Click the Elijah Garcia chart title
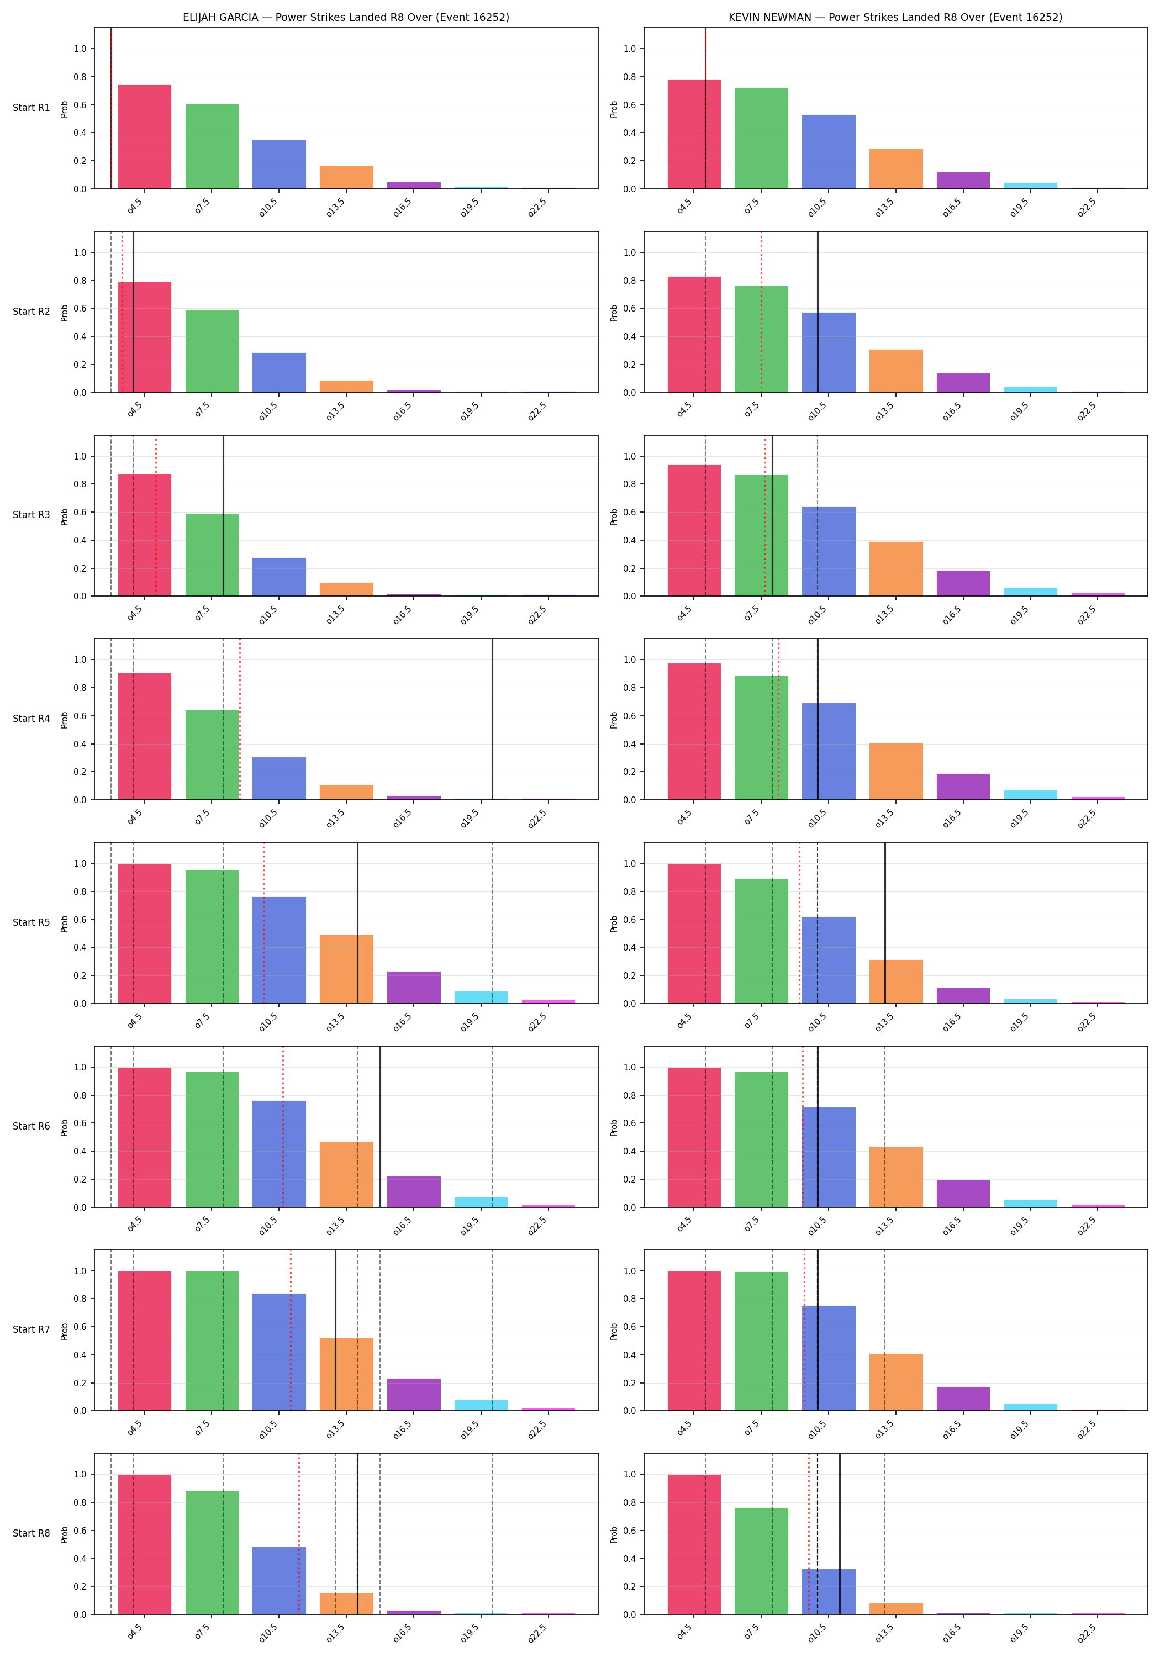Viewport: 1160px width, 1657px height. (x=346, y=17)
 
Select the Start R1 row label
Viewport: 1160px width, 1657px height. (x=31, y=108)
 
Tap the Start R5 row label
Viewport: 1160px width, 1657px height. (x=31, y=922)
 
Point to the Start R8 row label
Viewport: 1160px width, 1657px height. (x=31, y=1533)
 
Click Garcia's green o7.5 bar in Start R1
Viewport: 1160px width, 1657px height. (x=212, y=146)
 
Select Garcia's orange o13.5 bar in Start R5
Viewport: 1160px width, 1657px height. (x=346, y=969)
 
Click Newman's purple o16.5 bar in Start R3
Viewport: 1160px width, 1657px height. (x=963, y=583)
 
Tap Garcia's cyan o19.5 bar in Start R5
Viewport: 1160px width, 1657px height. (x=481, y=998)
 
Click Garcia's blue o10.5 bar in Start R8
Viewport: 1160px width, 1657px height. (x=280, y=1580)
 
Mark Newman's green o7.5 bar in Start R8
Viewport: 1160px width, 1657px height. (x=762, y=1561)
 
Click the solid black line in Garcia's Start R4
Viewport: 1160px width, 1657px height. (x=492, y=719)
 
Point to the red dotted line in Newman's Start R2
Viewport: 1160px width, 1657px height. (x=761, y=312)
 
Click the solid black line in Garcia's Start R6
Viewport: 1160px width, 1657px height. (x=381, y=1127)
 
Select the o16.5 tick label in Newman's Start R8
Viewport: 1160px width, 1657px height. (x=952, y=1633)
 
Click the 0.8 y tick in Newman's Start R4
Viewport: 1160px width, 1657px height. (x=630, y=688)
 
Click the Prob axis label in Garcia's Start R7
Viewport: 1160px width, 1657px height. (x=64, y=1330)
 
